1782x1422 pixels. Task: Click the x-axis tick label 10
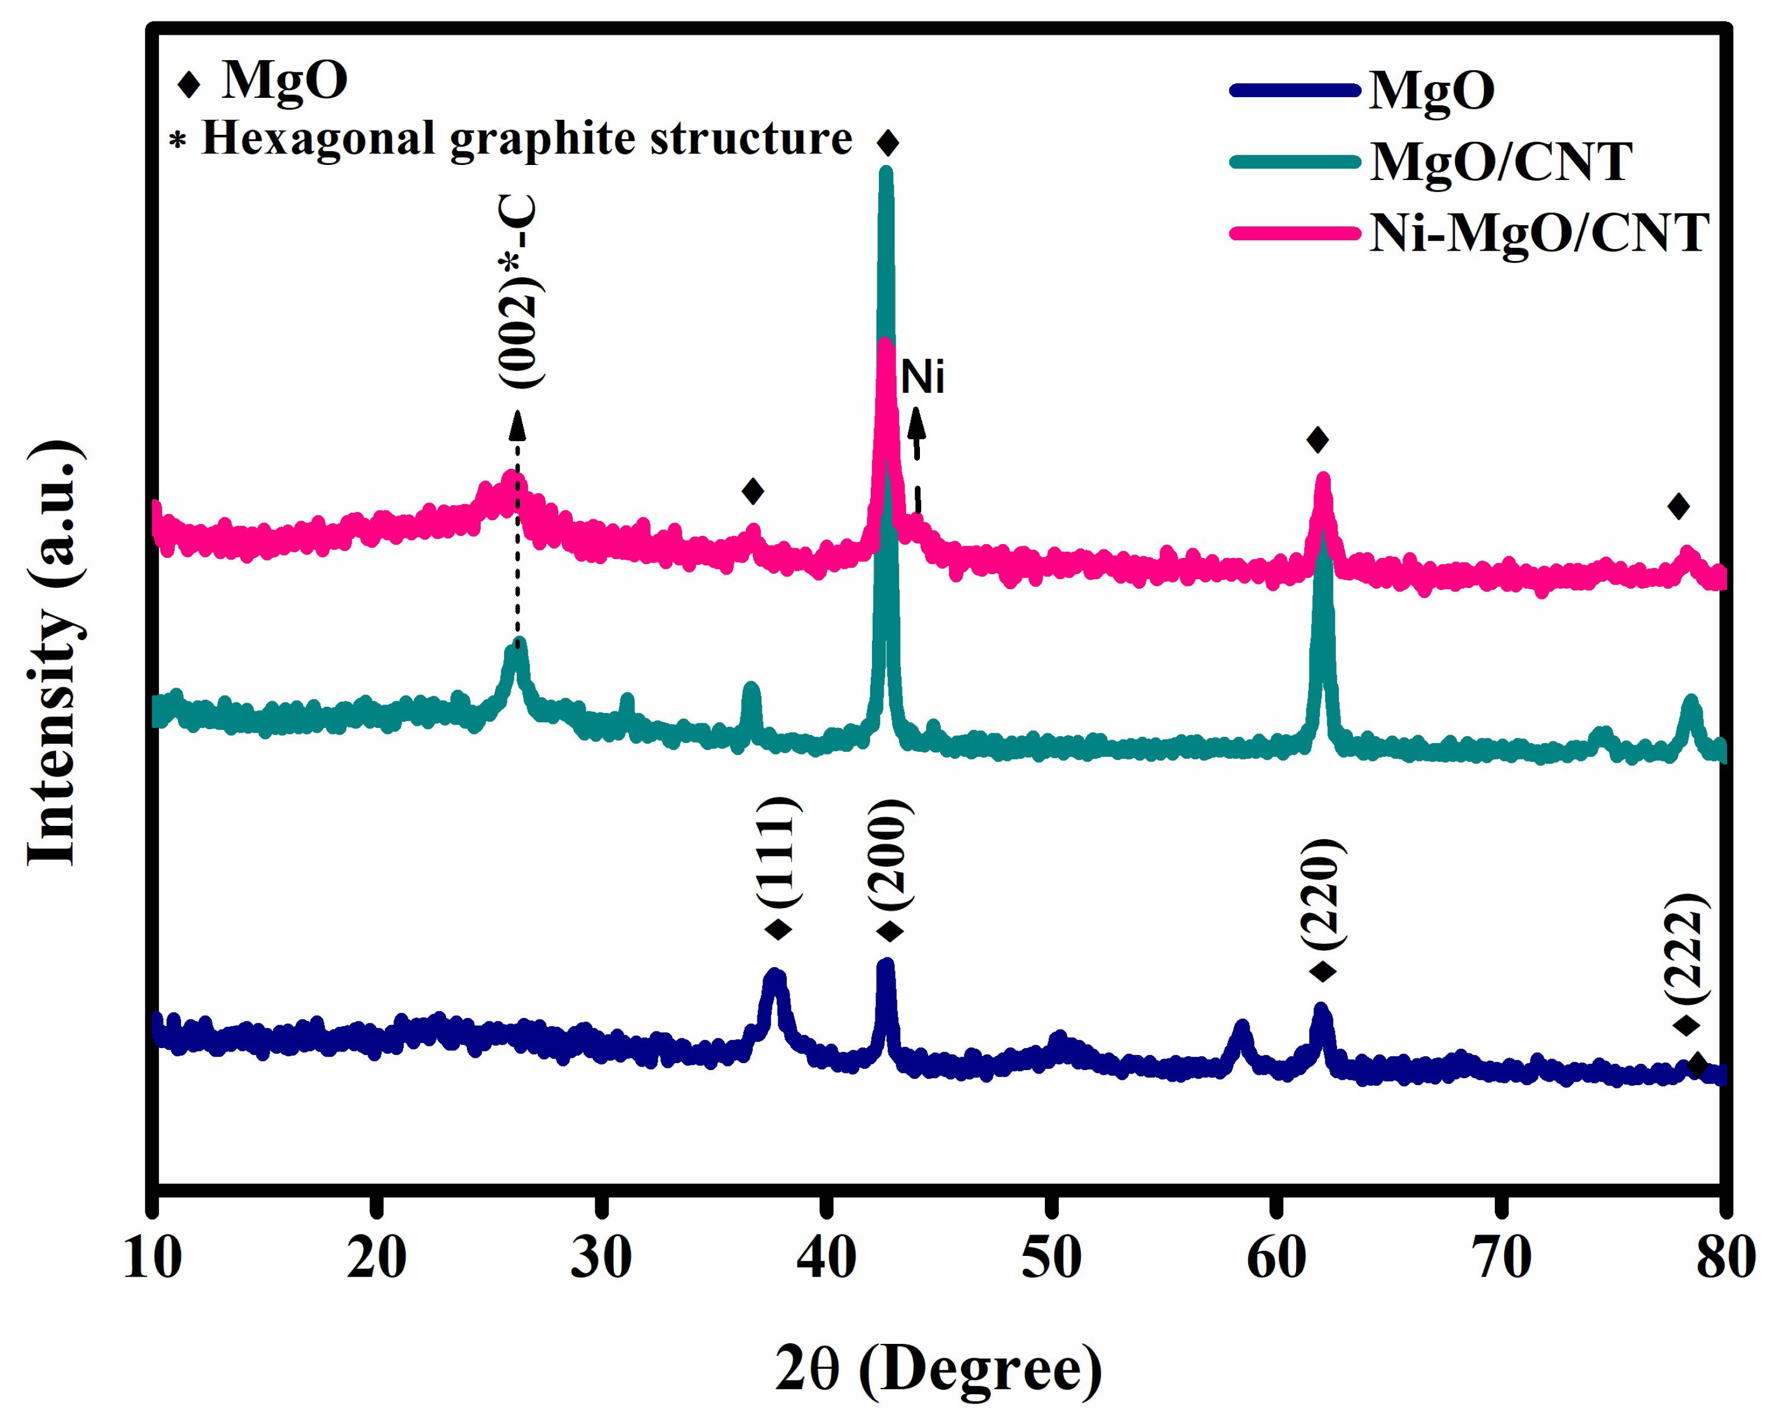point(152,1259)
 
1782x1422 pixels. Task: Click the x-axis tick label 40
point(826,1259)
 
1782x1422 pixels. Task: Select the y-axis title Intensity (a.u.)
point(54,653)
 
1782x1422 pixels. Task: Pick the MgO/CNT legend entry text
point(1501,161)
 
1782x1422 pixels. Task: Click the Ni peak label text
point(922,378)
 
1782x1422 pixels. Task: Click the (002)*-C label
point(519,291)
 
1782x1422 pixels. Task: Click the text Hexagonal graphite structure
point(526,138)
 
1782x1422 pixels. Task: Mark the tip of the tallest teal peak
point(886,171)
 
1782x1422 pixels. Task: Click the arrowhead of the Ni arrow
point(916,422)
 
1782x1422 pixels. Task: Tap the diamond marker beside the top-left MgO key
point(189,83)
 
